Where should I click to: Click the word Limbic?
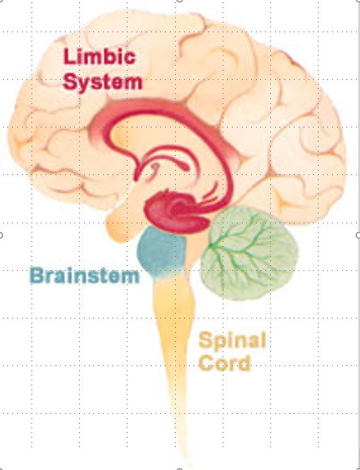point(100,56)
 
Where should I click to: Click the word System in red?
point(103,82)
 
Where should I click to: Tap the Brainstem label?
point(85,275)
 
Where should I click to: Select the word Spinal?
point(232,341)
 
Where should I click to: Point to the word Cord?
point(225,362)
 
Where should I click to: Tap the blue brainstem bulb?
point(161,250)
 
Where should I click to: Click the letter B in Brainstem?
point(37,275)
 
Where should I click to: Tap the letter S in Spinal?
point(205,340)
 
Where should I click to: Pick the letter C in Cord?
point(207,362)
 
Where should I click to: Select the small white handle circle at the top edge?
point(179,1)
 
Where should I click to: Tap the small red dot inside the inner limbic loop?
point(155,166)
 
